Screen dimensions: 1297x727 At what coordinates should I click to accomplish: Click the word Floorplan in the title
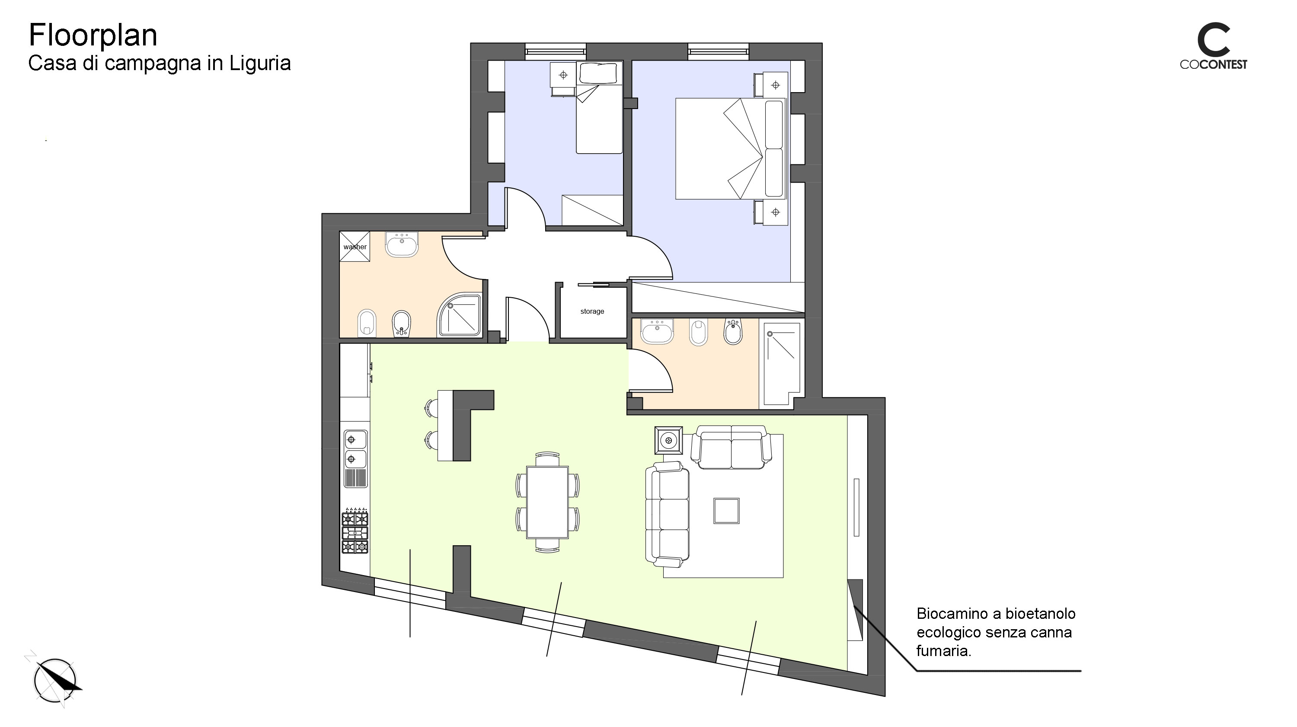pyautogui.click(x=93, y=35)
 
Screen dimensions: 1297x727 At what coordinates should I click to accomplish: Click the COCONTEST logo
pyautogui.click(x=1214, y=46)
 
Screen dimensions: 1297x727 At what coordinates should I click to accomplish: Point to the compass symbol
pyautogui.click(x=54, y=680)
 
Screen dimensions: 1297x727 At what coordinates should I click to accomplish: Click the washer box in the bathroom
pyautogui.click(x=355, y=246)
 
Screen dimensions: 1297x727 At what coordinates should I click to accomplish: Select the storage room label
pyautogui.click(x=592, y=312)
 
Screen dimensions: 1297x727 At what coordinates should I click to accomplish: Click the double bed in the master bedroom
pyautogui.click(x=731, y=148)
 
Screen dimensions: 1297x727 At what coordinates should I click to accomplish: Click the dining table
pyautogui.click(x=547, y=502)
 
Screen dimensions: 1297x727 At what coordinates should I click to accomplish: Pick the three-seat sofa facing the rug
pyautogui.click(x=668, y=514)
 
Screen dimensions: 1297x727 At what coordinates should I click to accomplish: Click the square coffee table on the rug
pyautogui.click(x=726, y=511)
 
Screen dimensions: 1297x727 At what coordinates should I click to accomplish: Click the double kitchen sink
pyautogui.click(x=355, y=458)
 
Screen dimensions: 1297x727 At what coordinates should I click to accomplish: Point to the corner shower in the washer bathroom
pyautogui.click(x=459, y=315)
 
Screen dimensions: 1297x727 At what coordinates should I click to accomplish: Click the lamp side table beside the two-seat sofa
pyautogui.click(x=669, y=441)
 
